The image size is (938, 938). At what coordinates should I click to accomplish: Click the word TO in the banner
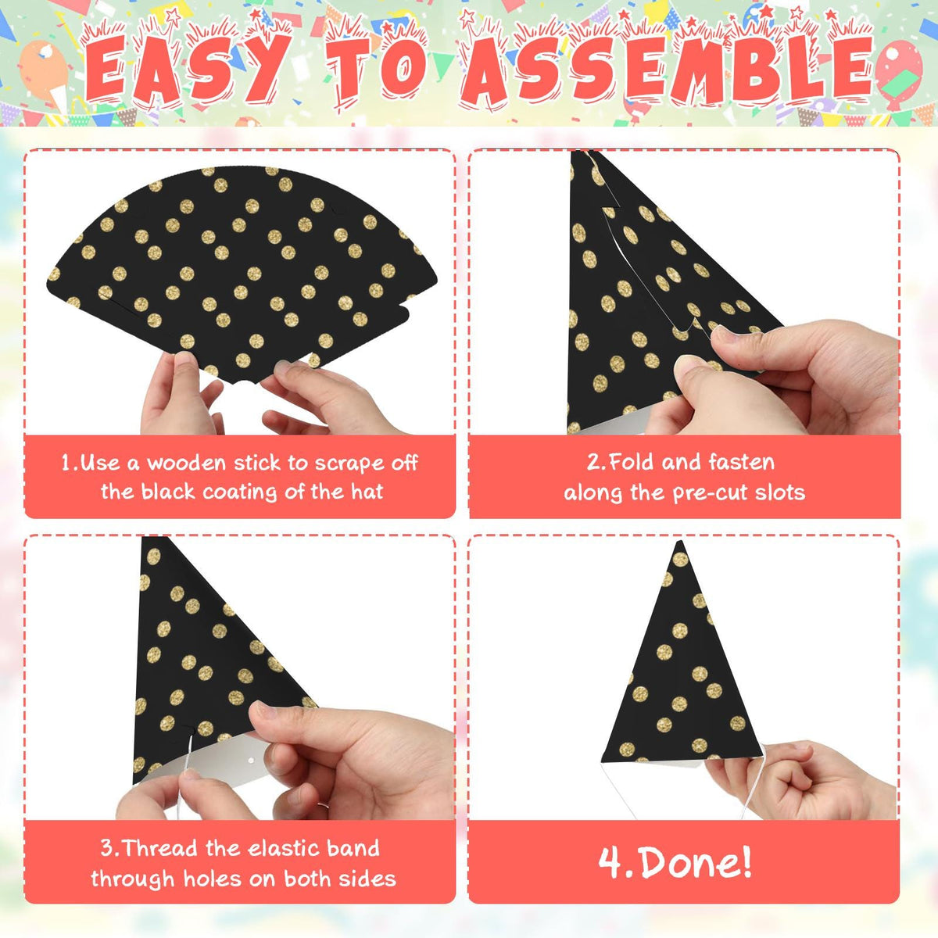pos(376,68)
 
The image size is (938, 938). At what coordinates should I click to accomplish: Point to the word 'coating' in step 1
pos(240,492)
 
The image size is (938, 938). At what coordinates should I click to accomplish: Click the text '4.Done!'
pos(675,863)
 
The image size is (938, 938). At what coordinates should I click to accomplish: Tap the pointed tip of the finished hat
pos(681,542)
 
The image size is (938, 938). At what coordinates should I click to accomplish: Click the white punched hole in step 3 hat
pos(251,760)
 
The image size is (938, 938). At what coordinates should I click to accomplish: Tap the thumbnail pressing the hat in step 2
pos(724,335)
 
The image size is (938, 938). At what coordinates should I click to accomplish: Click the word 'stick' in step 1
pos(258,463)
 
